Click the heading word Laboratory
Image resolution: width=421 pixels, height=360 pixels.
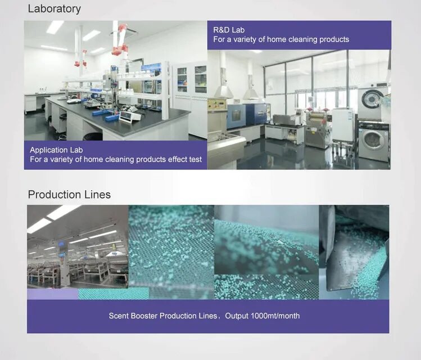[x=54, y=9]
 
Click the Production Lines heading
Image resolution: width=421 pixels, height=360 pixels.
[x=69, y=195]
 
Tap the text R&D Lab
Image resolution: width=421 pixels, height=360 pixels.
[x=229, y=30]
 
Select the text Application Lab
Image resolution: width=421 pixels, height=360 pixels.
[x=56, y=150]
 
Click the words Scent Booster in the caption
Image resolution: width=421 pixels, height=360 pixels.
[x=133, y=316]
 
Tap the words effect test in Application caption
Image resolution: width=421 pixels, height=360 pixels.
[x=184, y=160]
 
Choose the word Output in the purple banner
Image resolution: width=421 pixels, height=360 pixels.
[x=237, y=316]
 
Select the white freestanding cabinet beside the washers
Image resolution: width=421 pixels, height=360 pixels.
[x=342, y=124]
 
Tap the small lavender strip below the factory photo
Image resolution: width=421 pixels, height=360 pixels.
[x=52, y=294]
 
